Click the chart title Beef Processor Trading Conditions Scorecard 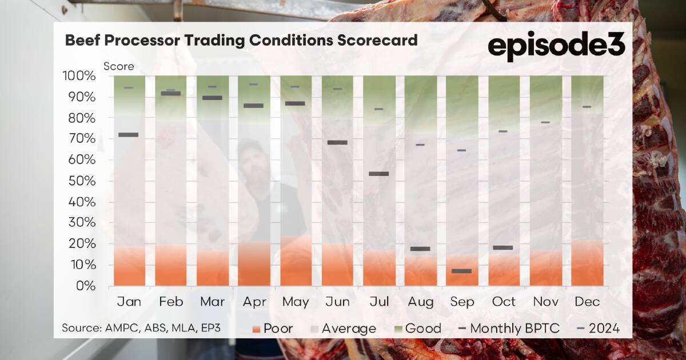pyautogui.click(x=241, y=41)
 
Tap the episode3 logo pyautogui.click(x=556, y=45)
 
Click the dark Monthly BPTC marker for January pyautogui.click(x=128, y=135)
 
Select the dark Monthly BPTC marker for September pyautogui.click(x=461, y=271)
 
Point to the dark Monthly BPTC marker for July pyautogui.click(x=378, y=174)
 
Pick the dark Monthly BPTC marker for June pyautogui.click(x=337, y=142)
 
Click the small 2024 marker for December pyautogui.click(x=587, y=107)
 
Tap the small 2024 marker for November pyautogui.click(x=545, y=122)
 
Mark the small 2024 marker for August pyautogui.click(x=420, y=145)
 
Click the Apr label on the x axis pyautogui.click(x=254, y=302)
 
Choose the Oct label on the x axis pyautogui.click(x=504, y=302)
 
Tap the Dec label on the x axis pyautogui.click(x=587, y=302)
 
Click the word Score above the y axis pyautogui.click(x=119, y=66)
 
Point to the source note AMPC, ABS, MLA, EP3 pyautogui.click(x=141, y=329)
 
